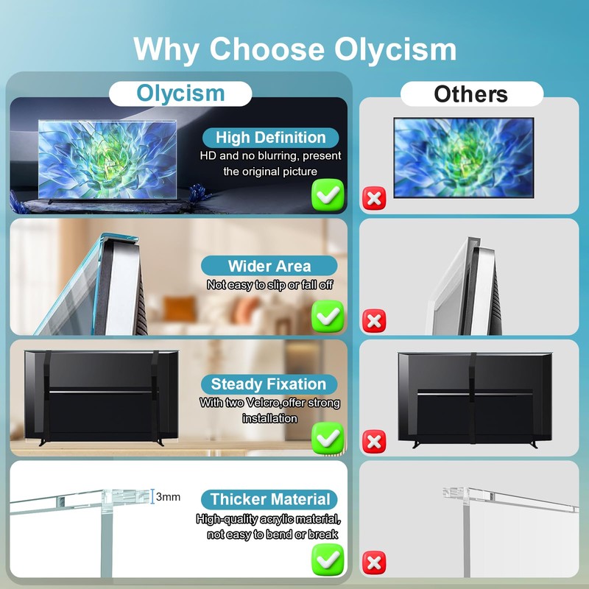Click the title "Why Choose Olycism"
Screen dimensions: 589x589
tap(294, 49)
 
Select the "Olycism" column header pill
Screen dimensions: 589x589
tap(180, 94)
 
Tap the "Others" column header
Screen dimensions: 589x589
tap(470, 94)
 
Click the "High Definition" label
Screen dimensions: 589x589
tap(271, 138)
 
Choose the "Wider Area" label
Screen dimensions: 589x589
tap(269, 266)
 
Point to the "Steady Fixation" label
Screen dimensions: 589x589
tap(268, 384)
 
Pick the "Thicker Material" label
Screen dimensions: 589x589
tap(270, 499)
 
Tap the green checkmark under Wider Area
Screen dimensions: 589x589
tap(327, 316)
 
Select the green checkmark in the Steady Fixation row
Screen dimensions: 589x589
tap(327, 437)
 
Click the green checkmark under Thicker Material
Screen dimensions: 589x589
tap(327, 560)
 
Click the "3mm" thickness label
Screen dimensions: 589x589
tap(168, 497)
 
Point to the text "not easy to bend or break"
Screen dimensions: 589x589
tap(272, 535)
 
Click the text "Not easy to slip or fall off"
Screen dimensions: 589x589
tap(270, 284)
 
